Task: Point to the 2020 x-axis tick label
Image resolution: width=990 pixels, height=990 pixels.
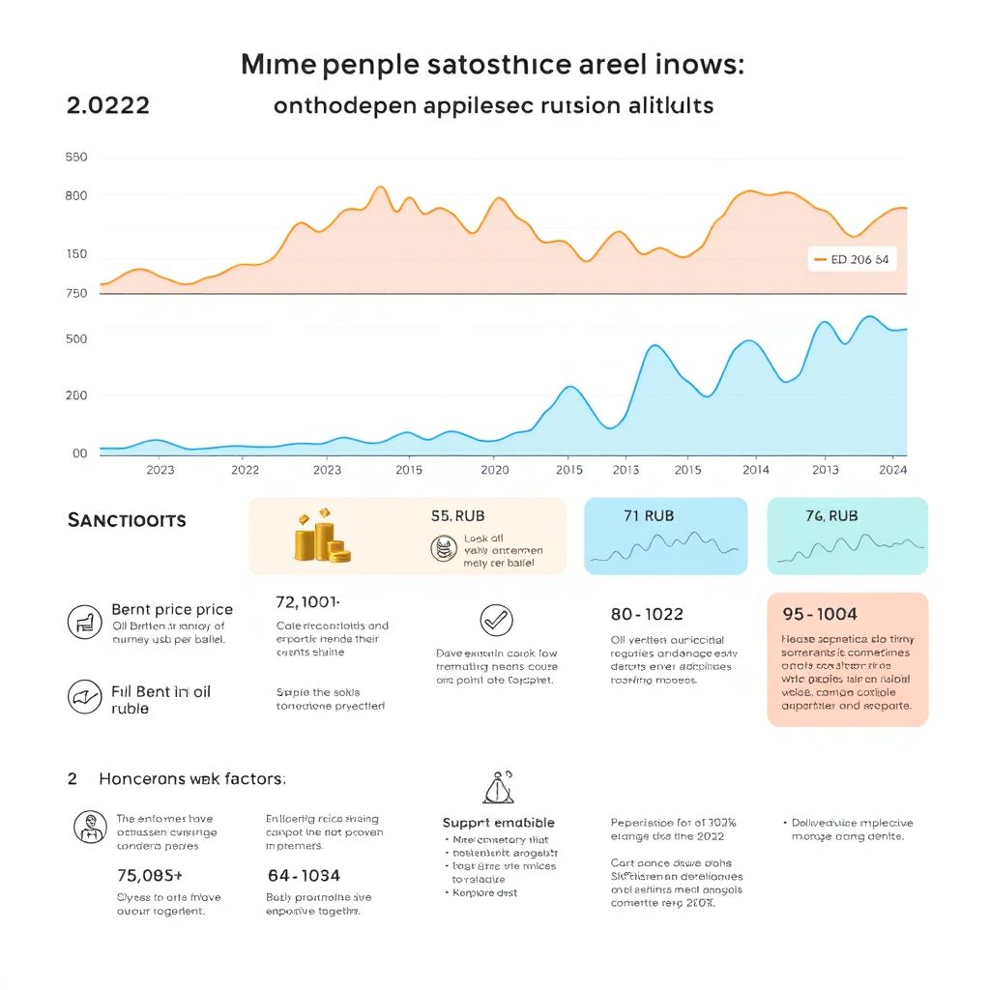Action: pyautogui.click(x=494, y=470)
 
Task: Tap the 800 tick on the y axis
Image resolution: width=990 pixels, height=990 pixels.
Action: pyautogui.click(x=75, y=195)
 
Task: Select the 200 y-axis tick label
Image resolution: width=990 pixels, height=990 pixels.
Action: pyautogui.click(x=75, y=395)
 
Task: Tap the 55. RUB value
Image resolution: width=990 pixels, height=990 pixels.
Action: pyautogui.click(x=457, y=516)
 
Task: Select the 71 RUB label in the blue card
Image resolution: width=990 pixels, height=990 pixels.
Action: pyautogui.click(x=648, y=515)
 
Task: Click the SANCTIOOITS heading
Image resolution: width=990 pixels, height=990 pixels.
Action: pyautogui.click(x=127, y=520)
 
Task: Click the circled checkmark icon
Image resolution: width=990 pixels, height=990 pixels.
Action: pyautogui.click(x=496, y=620)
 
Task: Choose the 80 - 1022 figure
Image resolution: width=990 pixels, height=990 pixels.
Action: pyautogui.click(x=647, y=614)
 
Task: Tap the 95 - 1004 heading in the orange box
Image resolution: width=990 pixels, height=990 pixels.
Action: pyautogui.click(x=818, y=614)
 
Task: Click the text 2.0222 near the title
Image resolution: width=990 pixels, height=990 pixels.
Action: pyautogui.click(x=108, y=105)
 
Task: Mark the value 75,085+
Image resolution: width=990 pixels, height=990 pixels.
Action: pyautogui.click(x=149, y=876)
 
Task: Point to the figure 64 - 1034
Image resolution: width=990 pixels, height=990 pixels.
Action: pyautogui.click(x=303, y=876)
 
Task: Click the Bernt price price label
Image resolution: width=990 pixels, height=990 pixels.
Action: pyautogui.click(x=172, y=609)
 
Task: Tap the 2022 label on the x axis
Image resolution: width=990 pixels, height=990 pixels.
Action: pyautogui.click(x=245, y=470)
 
